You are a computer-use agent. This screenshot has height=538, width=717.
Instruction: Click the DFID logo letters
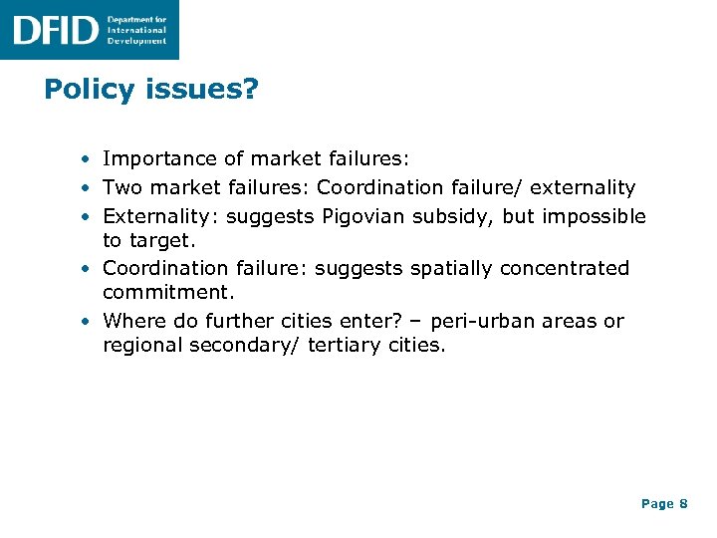coord(55,30)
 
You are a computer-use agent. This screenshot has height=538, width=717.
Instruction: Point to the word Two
coord(122,187)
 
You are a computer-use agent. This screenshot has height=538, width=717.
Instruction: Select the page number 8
coord(683,504)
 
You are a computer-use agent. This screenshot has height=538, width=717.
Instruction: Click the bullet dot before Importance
coord(88,159)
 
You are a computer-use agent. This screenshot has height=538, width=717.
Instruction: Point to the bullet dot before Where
coord(88,322)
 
